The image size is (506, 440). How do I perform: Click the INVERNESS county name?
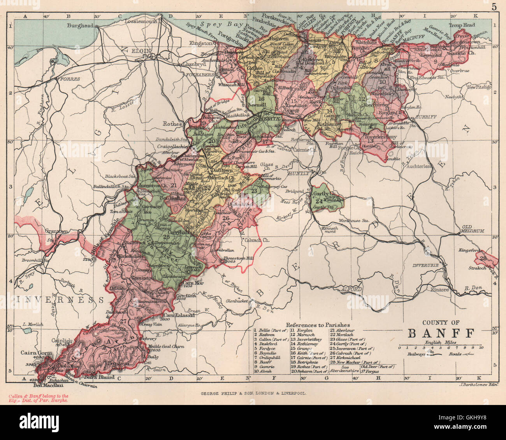60,300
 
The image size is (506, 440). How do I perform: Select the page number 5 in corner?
494,7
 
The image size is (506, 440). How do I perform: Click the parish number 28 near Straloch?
484,258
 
